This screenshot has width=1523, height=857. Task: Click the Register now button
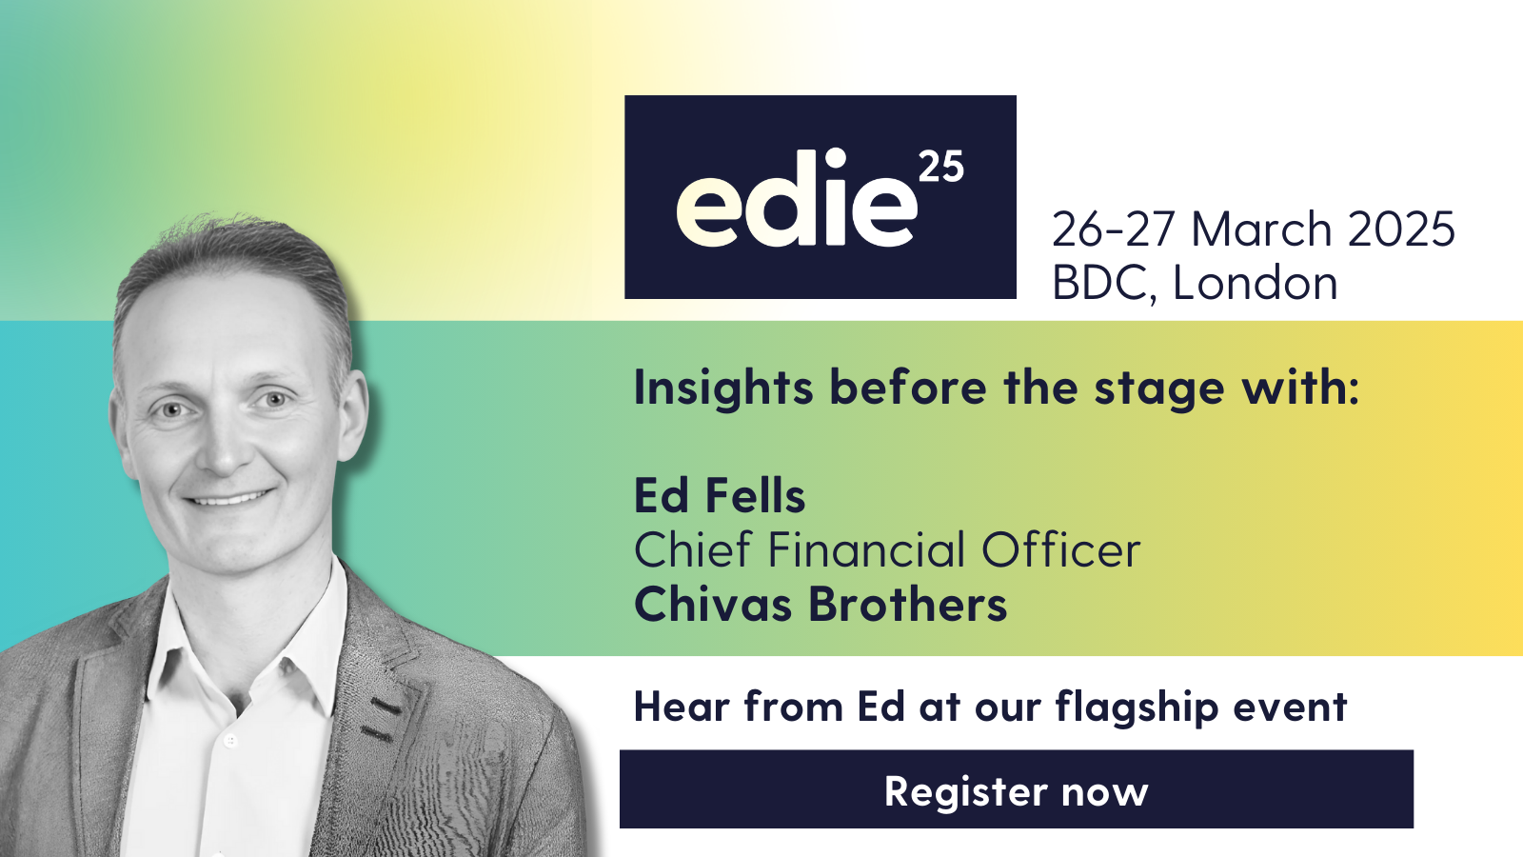point(1017,789)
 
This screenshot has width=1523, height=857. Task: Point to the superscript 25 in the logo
point(941,167)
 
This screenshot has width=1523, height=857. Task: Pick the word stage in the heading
point(1158,390)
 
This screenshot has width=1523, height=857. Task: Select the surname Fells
point(755,495)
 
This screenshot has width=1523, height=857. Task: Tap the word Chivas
point(713,604)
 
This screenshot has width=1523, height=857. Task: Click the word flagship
point(1136,708)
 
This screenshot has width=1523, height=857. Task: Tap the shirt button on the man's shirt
point(229,740)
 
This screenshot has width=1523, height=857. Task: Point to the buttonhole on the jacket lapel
point(385,708)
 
